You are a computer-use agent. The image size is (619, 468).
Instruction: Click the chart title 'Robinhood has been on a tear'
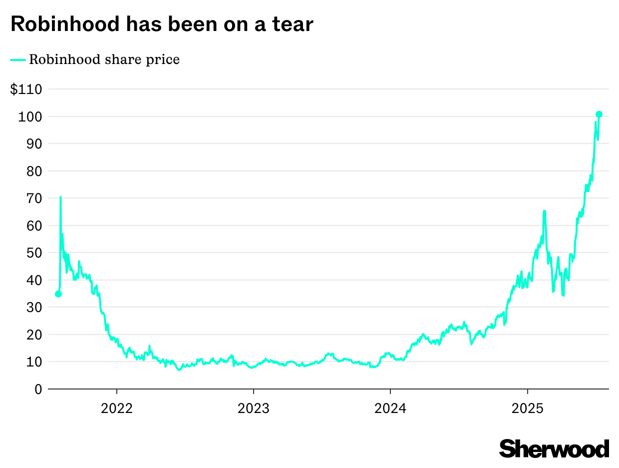pyautogui.click(x=162, y=24)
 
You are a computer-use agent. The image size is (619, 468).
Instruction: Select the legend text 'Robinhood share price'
pyautogui.click(x=104, y=59)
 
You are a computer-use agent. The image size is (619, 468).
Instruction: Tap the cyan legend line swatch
pyautogui.click(x=18, y=59)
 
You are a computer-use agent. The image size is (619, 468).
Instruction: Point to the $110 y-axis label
pyautogui.click(x=26, y=89)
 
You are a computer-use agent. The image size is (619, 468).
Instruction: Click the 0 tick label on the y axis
pyautogui.click(x=37, y=389)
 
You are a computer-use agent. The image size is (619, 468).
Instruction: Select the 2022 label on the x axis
pyautogui.click(x=116, y=408)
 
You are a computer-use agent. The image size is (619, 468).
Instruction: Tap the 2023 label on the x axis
pyautogui.click(x=254, y=408)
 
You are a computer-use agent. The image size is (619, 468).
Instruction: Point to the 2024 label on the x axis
pyautogui.click(x=390, y=408)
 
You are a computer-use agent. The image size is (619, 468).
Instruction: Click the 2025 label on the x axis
pyautogui.click(x=528, y=408)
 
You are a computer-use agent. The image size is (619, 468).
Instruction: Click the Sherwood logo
pyautogui.click(x=554, y=448)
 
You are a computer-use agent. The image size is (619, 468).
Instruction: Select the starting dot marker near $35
pyautogui.click(x=58, y=294)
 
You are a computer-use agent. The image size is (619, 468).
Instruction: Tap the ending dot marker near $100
pyautogui.click(x=599, y=114)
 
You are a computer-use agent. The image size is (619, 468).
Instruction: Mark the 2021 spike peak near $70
pyautogui.click(x=60, y=197)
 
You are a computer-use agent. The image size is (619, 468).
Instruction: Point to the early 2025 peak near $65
pyautogui.click(x=544, y=211)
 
